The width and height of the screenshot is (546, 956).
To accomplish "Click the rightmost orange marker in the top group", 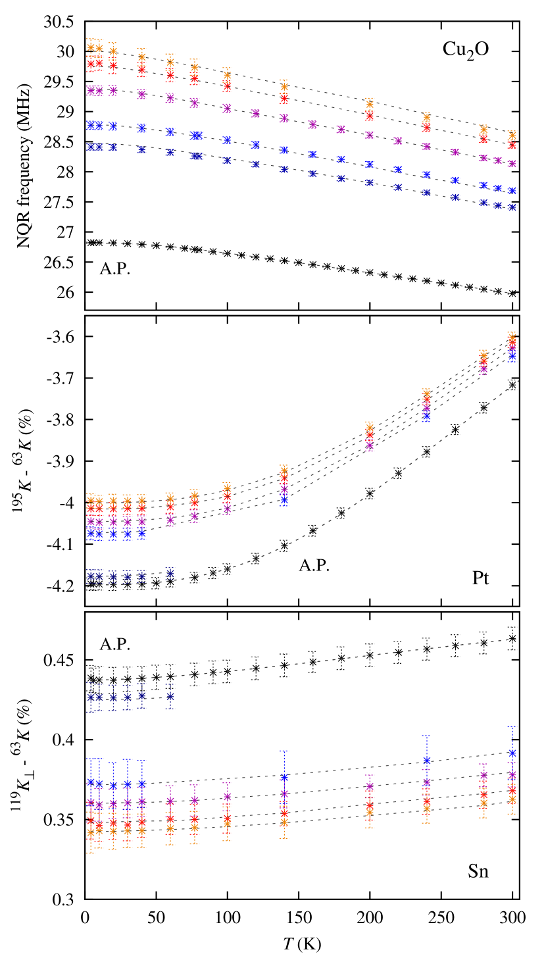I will tap(512, 135).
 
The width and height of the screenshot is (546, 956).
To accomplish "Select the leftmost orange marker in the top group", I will tap(91, 47).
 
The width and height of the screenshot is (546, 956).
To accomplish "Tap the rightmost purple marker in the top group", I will tap(512, 163).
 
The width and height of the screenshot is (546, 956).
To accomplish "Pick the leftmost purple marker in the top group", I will tap(91, 90).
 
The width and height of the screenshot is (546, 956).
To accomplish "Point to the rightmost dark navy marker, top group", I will tap(512, 207).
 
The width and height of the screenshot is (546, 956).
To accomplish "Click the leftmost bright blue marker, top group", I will tap(91, 125).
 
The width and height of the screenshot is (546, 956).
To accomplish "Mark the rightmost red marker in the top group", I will tap(512, 145).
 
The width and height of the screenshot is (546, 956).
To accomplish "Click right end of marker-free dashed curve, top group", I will tap(515, 293).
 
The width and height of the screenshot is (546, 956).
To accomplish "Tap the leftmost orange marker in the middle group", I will tap(91, 501).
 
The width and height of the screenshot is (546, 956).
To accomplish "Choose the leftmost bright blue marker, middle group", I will tap(91, 533).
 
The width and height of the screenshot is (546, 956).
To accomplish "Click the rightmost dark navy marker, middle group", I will tap(170, 574).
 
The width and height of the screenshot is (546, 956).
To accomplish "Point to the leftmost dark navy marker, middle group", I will tap(91, 577).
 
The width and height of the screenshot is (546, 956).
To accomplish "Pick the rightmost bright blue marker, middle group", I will tap(512, 357).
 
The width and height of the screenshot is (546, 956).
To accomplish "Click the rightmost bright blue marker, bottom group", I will tap(512, 753).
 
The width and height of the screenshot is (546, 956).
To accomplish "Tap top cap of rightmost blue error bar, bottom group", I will tap(512, 726).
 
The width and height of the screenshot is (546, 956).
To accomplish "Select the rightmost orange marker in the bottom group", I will tap(512, 800).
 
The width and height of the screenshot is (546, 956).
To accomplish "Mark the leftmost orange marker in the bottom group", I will tap(91, 833).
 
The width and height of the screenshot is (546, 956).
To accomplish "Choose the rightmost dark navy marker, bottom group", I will tap(170, 696).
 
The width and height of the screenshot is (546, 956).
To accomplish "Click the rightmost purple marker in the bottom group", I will tap(512, 775).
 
